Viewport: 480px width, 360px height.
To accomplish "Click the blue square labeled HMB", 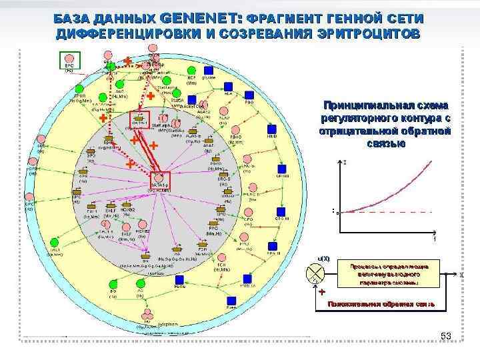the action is pos(271,129).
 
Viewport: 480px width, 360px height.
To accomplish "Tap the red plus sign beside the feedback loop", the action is pos(321,291).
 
